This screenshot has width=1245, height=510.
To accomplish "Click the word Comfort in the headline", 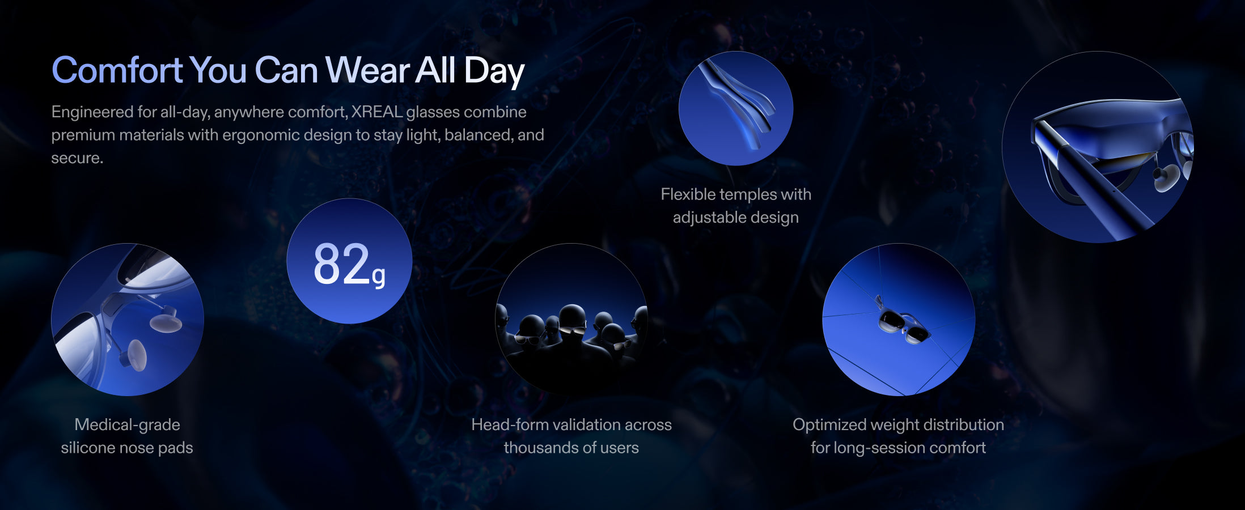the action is [117, 70].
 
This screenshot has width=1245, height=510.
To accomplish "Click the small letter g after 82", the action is [379, 276].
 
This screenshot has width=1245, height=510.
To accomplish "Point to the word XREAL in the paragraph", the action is [376, 112].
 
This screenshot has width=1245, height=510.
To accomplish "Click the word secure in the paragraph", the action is [76, 158].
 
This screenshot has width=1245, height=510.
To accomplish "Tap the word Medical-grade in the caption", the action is [127, 425].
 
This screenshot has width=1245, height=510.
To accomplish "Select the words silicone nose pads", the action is [127, 448].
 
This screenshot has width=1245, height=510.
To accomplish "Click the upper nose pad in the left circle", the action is [166, 321].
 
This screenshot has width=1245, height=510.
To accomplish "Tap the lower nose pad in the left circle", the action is [136, 355].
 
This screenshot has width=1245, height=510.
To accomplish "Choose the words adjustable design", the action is [736, 218].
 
